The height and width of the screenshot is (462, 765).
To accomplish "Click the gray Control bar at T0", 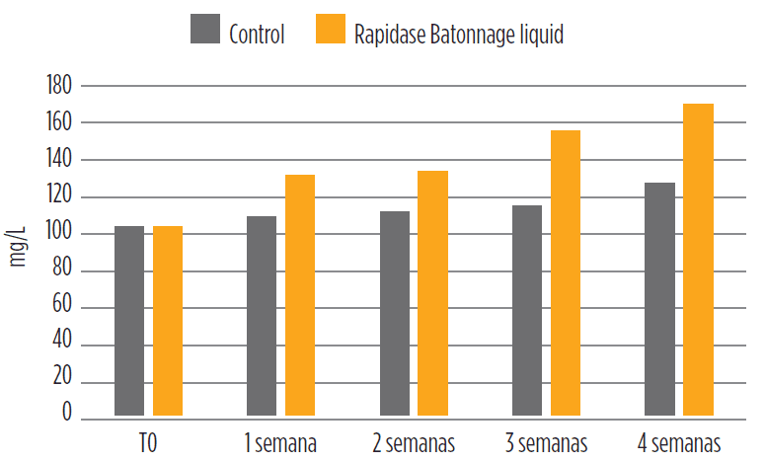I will point(129,321).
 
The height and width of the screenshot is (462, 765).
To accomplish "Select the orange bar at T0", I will point(168,321).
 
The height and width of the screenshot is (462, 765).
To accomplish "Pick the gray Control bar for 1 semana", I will point(262,316).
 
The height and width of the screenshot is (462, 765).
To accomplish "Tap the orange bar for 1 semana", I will point(300,295).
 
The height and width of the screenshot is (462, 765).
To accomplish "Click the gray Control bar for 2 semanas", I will point(395,313).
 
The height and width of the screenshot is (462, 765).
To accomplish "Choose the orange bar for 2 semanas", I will point(432,293).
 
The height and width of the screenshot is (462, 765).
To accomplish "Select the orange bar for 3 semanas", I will point(566,272).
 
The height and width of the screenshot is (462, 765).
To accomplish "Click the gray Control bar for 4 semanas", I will point(659,299).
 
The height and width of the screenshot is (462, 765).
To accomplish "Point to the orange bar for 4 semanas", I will point(698,260).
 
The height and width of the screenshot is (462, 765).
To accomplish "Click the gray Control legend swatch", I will point(204,30).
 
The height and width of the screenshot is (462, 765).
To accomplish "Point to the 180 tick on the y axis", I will point(60,86).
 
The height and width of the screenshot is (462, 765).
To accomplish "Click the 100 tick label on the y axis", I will point(60,234).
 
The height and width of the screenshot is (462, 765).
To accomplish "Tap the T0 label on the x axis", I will point(148,441).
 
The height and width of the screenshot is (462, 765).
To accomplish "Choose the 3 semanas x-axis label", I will point(546,441).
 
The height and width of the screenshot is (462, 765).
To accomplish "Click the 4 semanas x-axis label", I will point(679,441).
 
